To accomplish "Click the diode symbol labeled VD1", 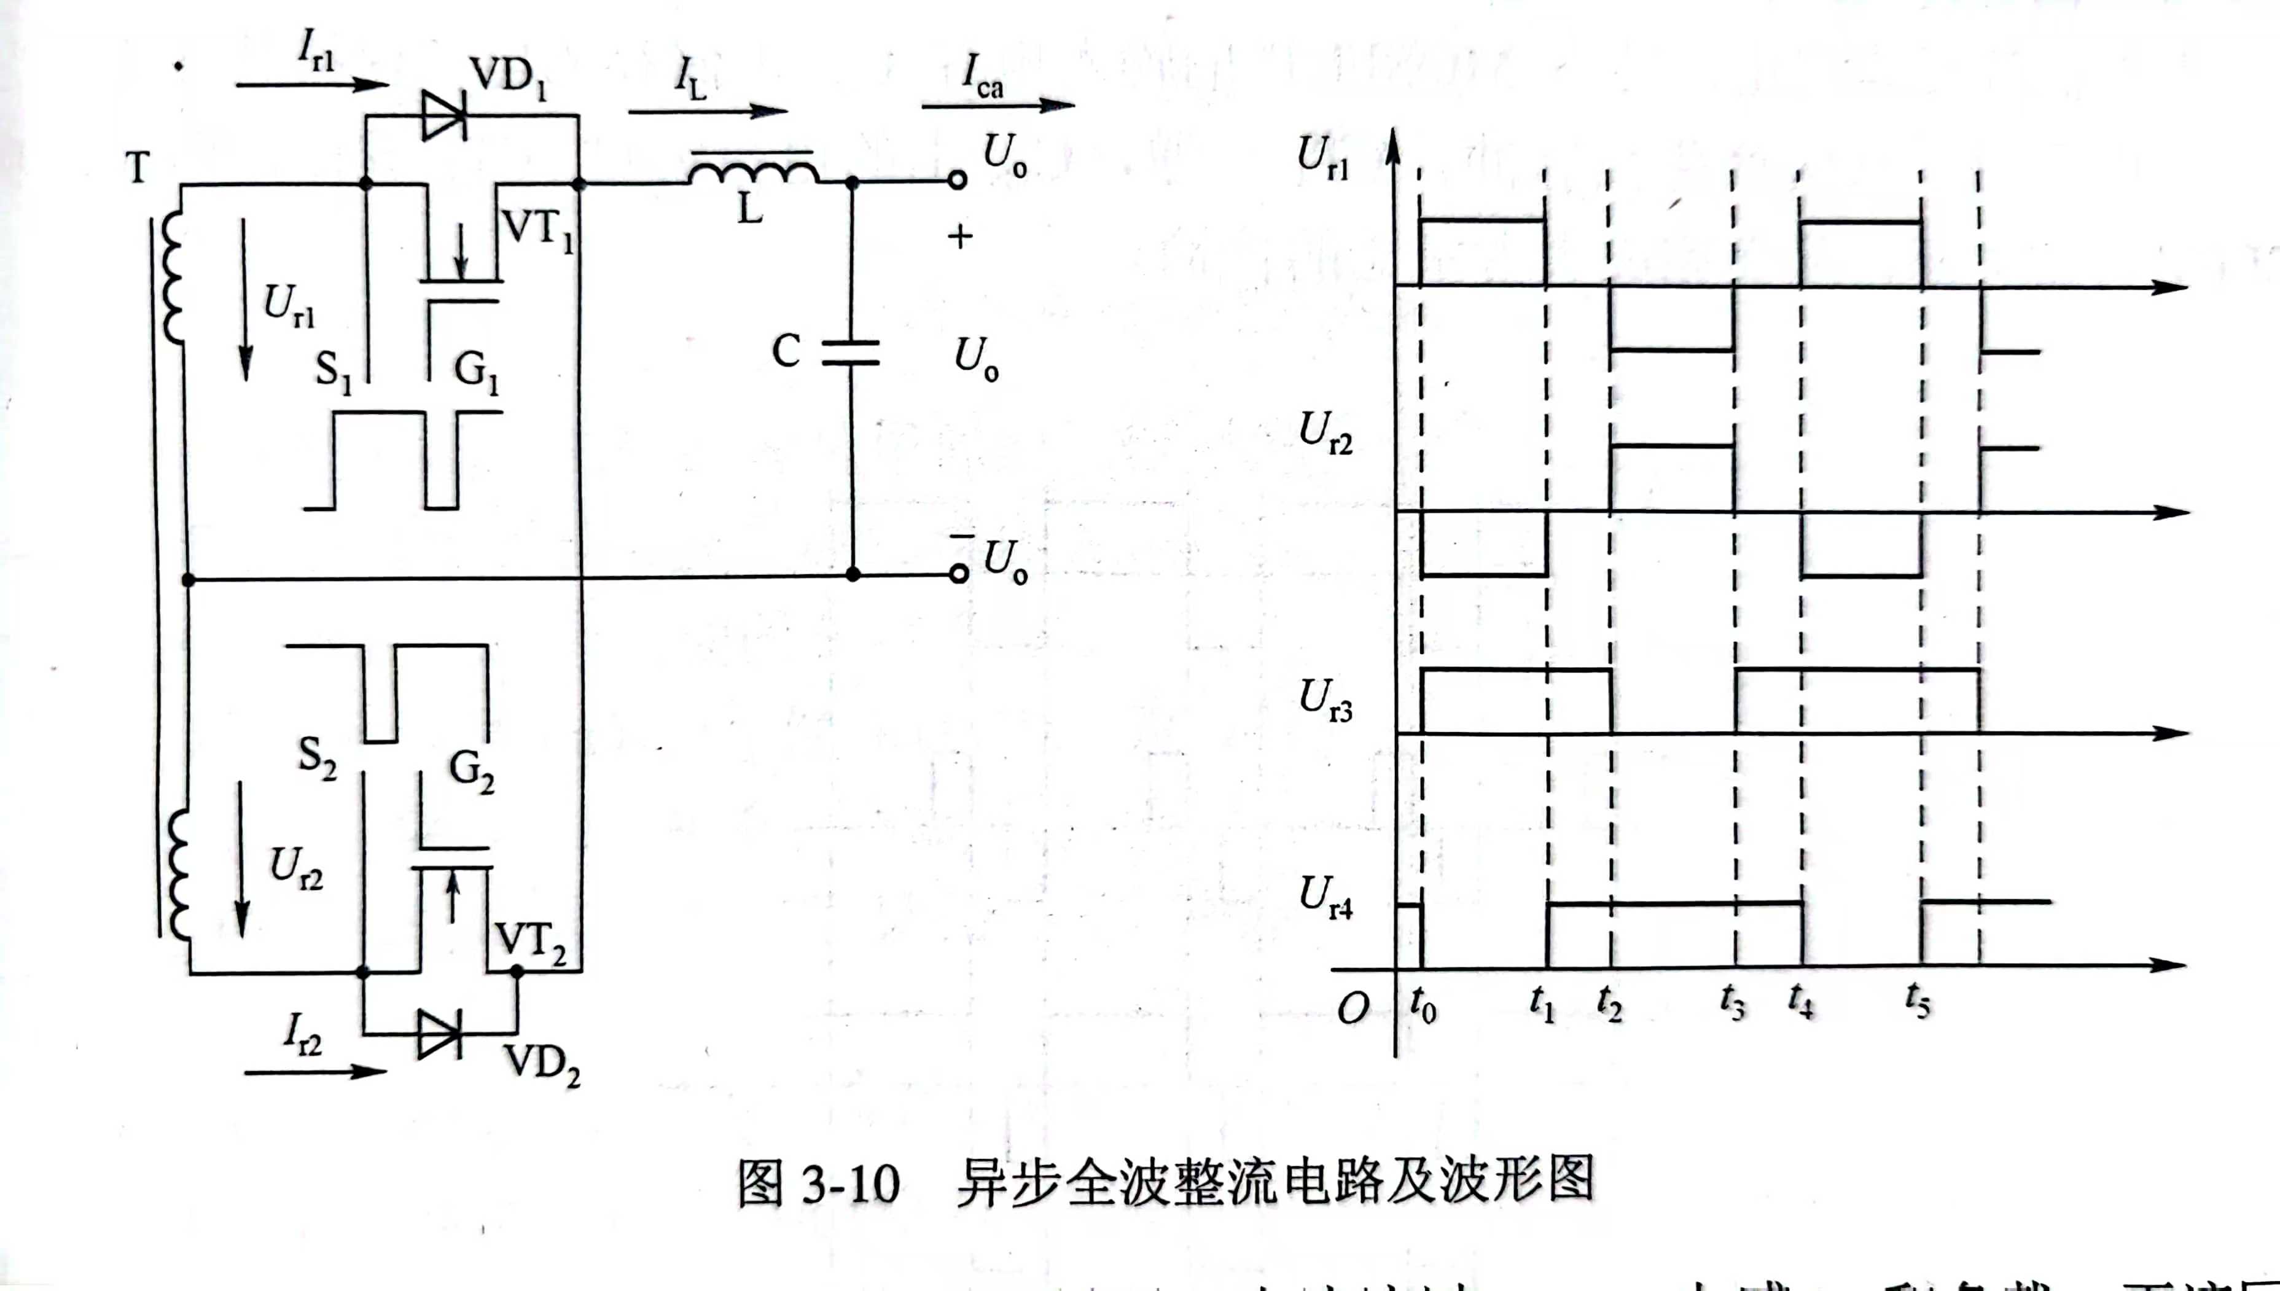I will [x=443, y=115].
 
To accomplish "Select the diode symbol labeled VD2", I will [x=439, y=1034].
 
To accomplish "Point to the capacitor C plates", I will [x=850, y=353].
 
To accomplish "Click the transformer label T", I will [x=138, y=166].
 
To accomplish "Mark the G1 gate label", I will [x=476, y=370].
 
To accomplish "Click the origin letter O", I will [x=1353, y=1008].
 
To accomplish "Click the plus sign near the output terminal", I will [x=960, y=236].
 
